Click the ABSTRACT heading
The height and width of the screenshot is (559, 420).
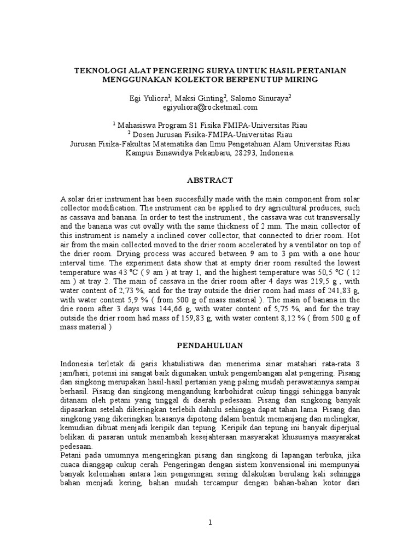(x=210, y=180)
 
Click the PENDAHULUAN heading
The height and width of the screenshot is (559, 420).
(x=209, y=346)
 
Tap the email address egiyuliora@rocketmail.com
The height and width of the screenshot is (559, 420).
(x=210, y=108)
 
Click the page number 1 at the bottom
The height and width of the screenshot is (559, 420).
(x=209, y=522)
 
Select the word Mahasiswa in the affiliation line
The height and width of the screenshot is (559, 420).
(x=137, y=125)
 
